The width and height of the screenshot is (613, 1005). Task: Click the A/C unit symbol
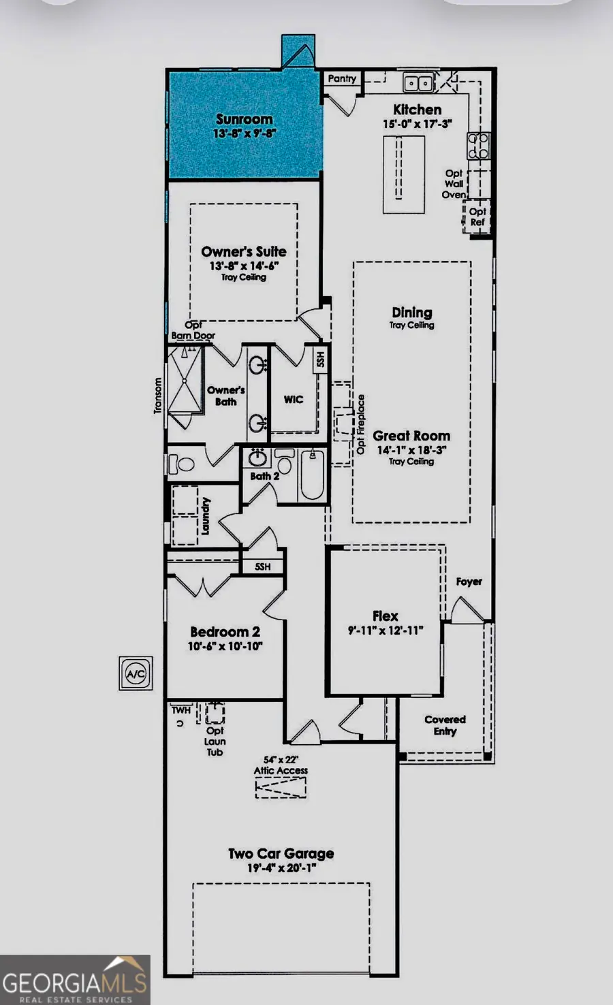136,673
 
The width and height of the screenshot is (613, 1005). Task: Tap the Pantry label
342,78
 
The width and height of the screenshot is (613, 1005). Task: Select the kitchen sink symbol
418,82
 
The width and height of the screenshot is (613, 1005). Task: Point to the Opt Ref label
477,217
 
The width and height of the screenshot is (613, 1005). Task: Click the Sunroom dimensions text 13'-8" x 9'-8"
244,133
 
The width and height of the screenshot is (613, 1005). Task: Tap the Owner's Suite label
244,251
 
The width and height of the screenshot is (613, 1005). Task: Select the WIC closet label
294,400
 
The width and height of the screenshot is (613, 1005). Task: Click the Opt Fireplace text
361,425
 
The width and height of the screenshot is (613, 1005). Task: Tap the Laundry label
206,515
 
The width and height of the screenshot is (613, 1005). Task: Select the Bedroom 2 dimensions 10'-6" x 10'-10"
225,646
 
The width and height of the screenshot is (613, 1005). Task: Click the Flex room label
385,616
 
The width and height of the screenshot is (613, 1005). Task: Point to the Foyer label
469,581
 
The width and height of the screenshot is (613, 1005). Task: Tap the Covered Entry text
445,725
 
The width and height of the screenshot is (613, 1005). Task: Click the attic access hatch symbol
281,788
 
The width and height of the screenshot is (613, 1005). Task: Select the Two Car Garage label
281,853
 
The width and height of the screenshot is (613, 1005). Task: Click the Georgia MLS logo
75,980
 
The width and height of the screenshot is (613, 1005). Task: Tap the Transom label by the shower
158,396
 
